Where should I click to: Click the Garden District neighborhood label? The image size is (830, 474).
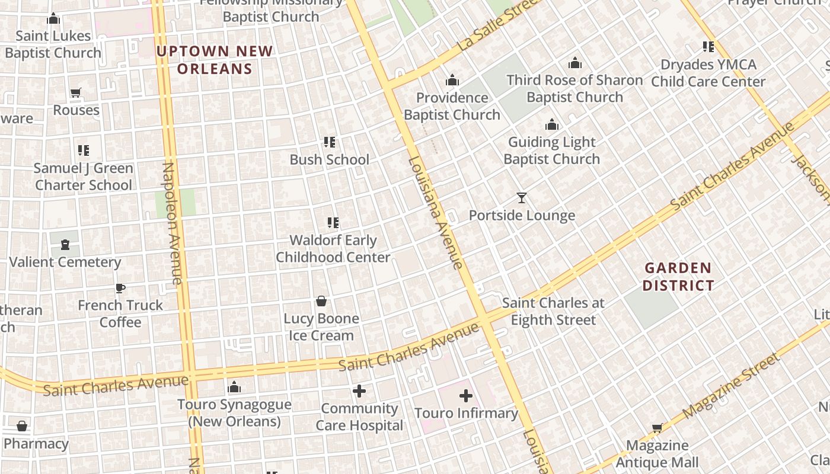[x=678, y=277]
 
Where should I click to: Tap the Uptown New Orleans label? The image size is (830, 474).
[x=215, y=60]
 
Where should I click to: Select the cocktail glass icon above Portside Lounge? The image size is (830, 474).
[x=522, y=198]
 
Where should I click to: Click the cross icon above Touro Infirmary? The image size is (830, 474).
[x=466, y=396]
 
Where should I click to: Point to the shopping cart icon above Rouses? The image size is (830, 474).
[x=75, y=93]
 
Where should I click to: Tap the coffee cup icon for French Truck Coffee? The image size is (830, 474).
[x=120, y=288]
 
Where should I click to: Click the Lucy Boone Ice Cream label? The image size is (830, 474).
[x=321, y=327]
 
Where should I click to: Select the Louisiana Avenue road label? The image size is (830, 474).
[x=435, y=213]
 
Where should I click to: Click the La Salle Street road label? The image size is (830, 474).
[x=498, y=25]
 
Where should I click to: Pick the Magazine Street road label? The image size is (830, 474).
[x=732, y=386]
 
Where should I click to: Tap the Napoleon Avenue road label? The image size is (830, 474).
[x=171, y=223]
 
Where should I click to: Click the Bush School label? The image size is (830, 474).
[x=329, y=159]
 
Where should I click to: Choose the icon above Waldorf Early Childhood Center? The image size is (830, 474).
[x=333, y=223]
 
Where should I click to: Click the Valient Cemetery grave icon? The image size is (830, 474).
[x=65, y=245]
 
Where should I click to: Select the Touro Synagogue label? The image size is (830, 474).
[x=234, y=413]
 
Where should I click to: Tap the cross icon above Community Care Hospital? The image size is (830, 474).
[x=359, y=391]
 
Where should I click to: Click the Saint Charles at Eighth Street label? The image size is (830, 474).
[x=553, y=312]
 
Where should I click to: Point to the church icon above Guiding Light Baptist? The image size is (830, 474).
[x=552, y=124]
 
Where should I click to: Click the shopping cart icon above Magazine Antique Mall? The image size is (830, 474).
[x=657, y=428]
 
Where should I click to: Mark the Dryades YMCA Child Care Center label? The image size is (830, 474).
[x=708, y=73]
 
